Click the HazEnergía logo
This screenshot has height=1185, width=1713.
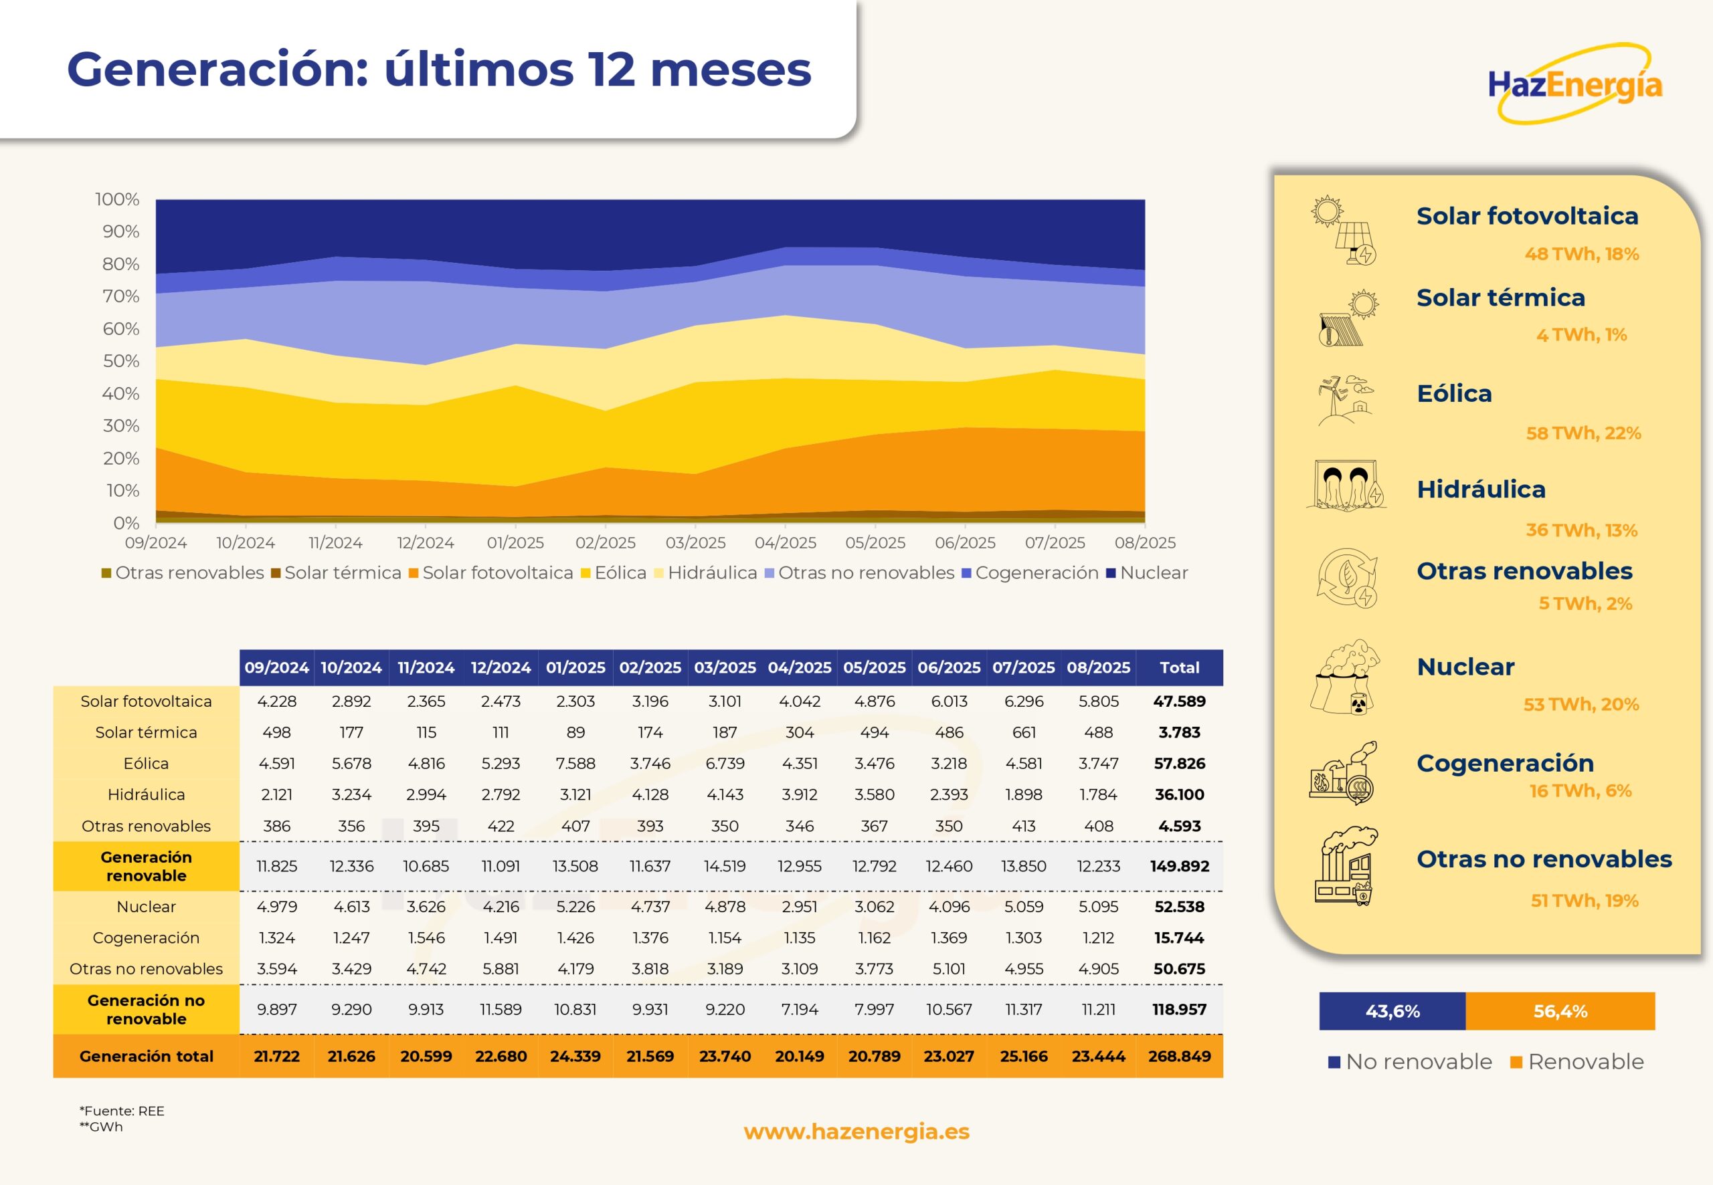coord(1575,84)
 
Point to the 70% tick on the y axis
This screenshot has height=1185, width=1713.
coord(120,296)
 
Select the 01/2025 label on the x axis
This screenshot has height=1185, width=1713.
coord(515,543)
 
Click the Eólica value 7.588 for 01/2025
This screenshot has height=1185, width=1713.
coord(575,763)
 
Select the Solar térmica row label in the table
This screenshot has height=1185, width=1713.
coord(147,732)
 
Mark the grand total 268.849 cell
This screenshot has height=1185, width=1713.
coord(1179,1056)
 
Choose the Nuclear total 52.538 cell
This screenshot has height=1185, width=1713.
coord(1179,907)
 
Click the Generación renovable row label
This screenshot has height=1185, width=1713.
coord(147,866)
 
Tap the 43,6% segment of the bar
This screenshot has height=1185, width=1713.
coord(1392,1011)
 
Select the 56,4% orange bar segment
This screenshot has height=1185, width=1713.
coord(1560,1011)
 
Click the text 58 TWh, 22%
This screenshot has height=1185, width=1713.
coord(1583,433)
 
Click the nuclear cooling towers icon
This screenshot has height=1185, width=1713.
coord(1344,677)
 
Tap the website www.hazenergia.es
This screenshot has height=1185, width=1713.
coord(856,1132)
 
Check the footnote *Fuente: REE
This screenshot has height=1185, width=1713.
coord(122,1111)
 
